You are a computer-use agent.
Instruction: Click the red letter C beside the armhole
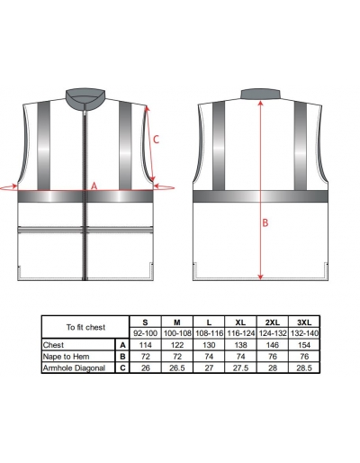click(x=156, y=140)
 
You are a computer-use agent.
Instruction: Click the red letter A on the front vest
click(x=94, y=186)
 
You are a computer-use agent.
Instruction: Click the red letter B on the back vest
click(x=265, y=222)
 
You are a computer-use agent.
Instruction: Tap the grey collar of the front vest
click(x=85, y=96)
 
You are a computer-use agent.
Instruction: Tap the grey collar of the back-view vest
click(x=261, y=94)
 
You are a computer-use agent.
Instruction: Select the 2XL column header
click(x=273, y=322)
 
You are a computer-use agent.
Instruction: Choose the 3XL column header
click(x=304, y=322)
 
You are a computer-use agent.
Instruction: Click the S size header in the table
click(x=145, y=322)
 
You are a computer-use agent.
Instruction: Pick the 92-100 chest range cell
click(x=145, y=333)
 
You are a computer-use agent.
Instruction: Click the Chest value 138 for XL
click(x=240, y=345)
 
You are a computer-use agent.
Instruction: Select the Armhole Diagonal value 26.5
click(x=177, y=368)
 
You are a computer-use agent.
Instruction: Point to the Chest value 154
click(x=304, y=345)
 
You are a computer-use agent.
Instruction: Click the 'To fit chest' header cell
click(x=85, y=327)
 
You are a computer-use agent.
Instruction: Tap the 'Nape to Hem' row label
click(x=66, y=357)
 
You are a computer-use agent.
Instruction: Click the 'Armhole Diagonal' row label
click(x=74, y=368)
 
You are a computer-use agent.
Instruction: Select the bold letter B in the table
click(x=122, y=357)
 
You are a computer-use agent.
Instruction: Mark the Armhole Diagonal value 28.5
click(x=304, y=368)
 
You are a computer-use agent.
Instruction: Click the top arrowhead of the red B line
click(x=260, y=103)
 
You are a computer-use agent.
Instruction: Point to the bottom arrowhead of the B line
click(x=260, y=277)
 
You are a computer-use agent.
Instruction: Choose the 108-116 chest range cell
click(x=209, y=333)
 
